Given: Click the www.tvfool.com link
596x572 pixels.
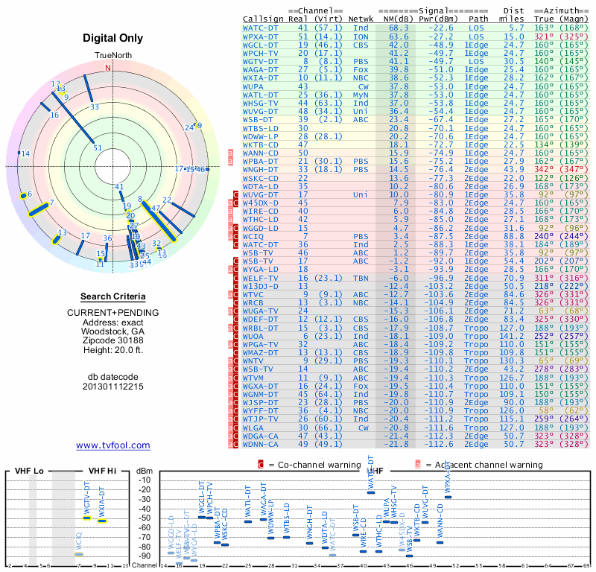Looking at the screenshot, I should tap(112, 445).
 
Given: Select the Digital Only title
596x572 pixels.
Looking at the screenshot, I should tap(112, 38).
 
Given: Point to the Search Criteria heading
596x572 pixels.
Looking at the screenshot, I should tap(112, 296).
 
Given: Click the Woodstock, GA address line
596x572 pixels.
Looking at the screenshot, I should tap(112, 331).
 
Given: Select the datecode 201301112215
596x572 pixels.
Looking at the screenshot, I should tap(112, 386).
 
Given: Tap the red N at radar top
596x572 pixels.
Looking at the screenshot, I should tap(109, 68).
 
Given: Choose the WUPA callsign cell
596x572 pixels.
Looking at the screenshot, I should tap(255, 86).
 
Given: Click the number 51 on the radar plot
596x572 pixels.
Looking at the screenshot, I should tap(98, 147).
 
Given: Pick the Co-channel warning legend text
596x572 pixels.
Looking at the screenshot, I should tap(321, 465).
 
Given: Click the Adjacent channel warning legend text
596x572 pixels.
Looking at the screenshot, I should tap(484, 465).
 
